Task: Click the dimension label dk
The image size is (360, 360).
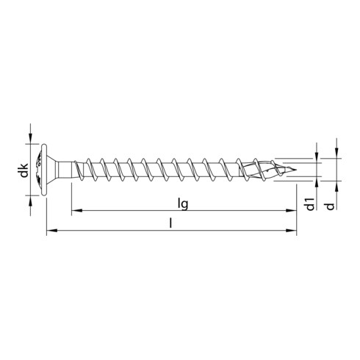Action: (x=24, y=171)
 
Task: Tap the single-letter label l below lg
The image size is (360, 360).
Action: (x=170, y=223)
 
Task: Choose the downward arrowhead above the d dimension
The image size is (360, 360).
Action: (x=336, y=152)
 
